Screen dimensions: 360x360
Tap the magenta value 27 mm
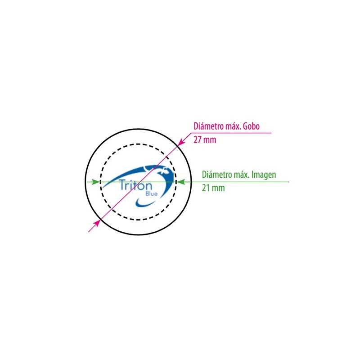(x=205, y=140)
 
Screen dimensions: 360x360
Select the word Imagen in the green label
(x=264, y=175)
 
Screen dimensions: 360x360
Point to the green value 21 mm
(x=213, y=188)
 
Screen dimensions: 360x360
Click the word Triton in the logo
(x=136, y=185)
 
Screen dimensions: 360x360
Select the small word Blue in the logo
(x=152, y=193)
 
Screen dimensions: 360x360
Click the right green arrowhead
(x=181, y=182)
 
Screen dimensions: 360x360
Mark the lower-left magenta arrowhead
(x=96, y=223)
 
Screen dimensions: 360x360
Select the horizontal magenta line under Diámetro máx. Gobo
(x=231, y=133)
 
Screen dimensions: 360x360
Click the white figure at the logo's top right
(x=164, y=171)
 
